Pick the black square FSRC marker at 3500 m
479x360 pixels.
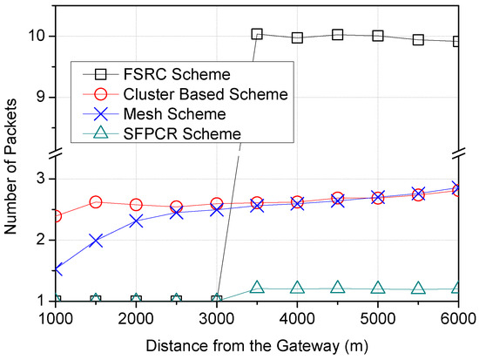[x=257, y=34]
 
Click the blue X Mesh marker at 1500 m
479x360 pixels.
[x=96, y=241]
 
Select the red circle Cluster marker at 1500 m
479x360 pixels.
[x=96, y=202]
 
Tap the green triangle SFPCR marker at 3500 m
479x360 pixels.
[x=257, y=287]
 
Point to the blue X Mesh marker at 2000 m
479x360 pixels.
[x=136, y=221]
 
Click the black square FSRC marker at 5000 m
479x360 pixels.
[x=378, y=36]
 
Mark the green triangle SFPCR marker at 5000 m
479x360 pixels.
[x=378, y=288]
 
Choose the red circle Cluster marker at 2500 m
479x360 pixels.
[x=176, y=207]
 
